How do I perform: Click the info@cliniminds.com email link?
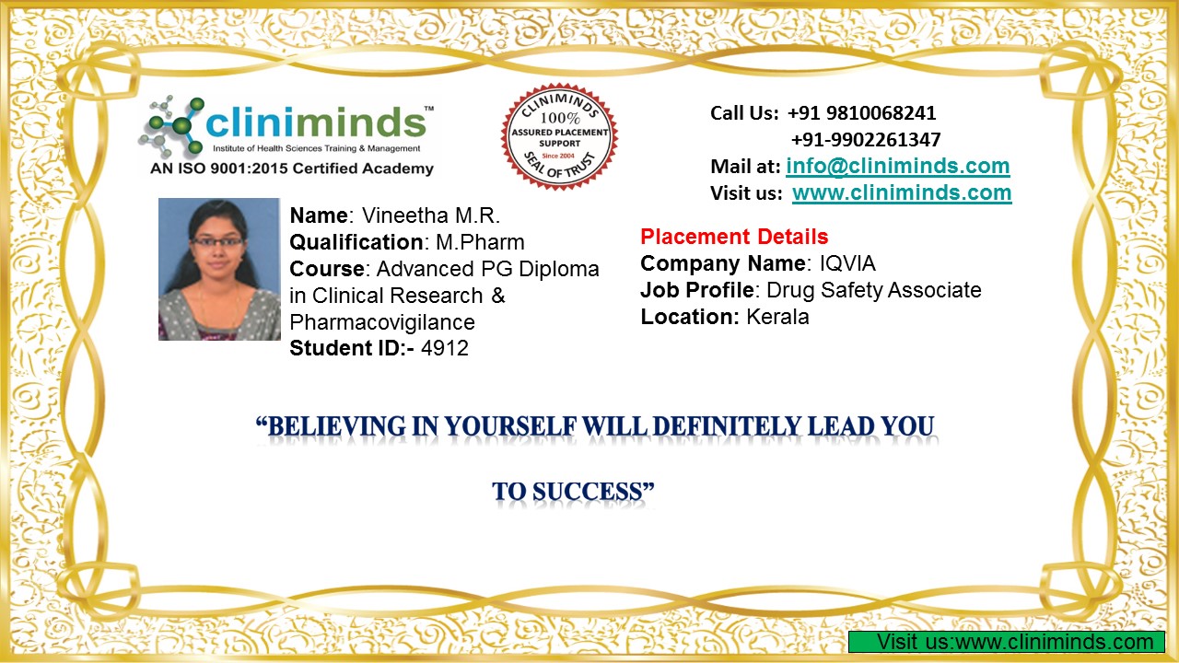898,167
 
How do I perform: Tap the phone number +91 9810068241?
861,113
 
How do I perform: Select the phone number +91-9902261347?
866,140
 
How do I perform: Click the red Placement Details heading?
734,237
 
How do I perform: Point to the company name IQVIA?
847,263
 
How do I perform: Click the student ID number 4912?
445,348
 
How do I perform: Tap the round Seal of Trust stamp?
559,135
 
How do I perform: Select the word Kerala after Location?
777,317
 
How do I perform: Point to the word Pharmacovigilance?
382,322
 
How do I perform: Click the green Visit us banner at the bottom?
1007,642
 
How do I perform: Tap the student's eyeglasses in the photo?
217,242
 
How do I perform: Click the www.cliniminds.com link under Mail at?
902,193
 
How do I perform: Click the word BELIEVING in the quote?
337,426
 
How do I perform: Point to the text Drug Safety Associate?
874,290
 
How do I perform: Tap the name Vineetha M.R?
430,215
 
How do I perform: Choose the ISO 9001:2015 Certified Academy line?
292,169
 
